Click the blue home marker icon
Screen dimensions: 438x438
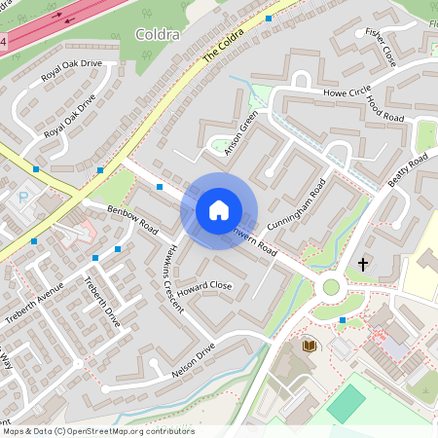tap(219, 210)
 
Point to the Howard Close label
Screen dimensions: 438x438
tap(204, 286)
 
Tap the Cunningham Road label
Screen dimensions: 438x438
tap(295, 205)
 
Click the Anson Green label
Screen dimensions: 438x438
tap(238, 133)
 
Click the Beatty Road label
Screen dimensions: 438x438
tap(407, 171)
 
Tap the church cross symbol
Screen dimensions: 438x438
tap(364, 264)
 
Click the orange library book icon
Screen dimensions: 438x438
tap(310, 346)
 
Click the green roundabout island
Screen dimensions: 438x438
tap(331, 287)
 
